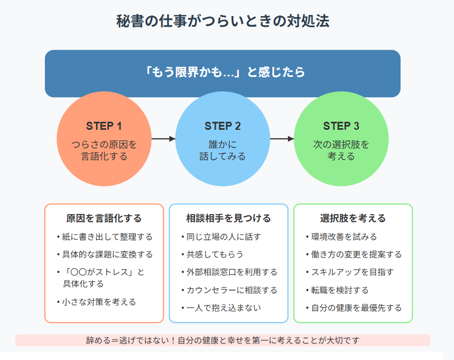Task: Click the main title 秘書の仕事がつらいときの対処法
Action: click(223, 21)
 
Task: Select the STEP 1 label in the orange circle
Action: click(104, 126)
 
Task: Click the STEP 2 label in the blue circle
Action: click(223, 126)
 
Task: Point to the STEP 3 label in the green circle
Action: click(341, 126)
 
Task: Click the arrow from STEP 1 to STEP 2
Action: click(163, 139)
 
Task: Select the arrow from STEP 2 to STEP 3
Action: click(282, 139)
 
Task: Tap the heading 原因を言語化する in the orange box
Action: click(104, 218)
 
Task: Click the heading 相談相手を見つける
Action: click(229, 218)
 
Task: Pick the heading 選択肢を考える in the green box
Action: click(353, 218)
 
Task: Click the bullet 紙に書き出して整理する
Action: click(105, 237)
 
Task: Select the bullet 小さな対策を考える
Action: click(97, 302)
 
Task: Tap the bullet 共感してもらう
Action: click(212, 254)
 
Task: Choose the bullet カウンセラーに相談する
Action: click(229, 290)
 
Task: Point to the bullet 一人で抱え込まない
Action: click(221, 308)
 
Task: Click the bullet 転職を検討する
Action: click(338, 290)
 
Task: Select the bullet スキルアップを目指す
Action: click(350, 272)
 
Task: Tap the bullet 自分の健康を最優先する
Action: click(354, 308)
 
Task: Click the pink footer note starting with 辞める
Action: click(223, 340)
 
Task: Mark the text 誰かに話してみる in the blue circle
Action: click(223, 150)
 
